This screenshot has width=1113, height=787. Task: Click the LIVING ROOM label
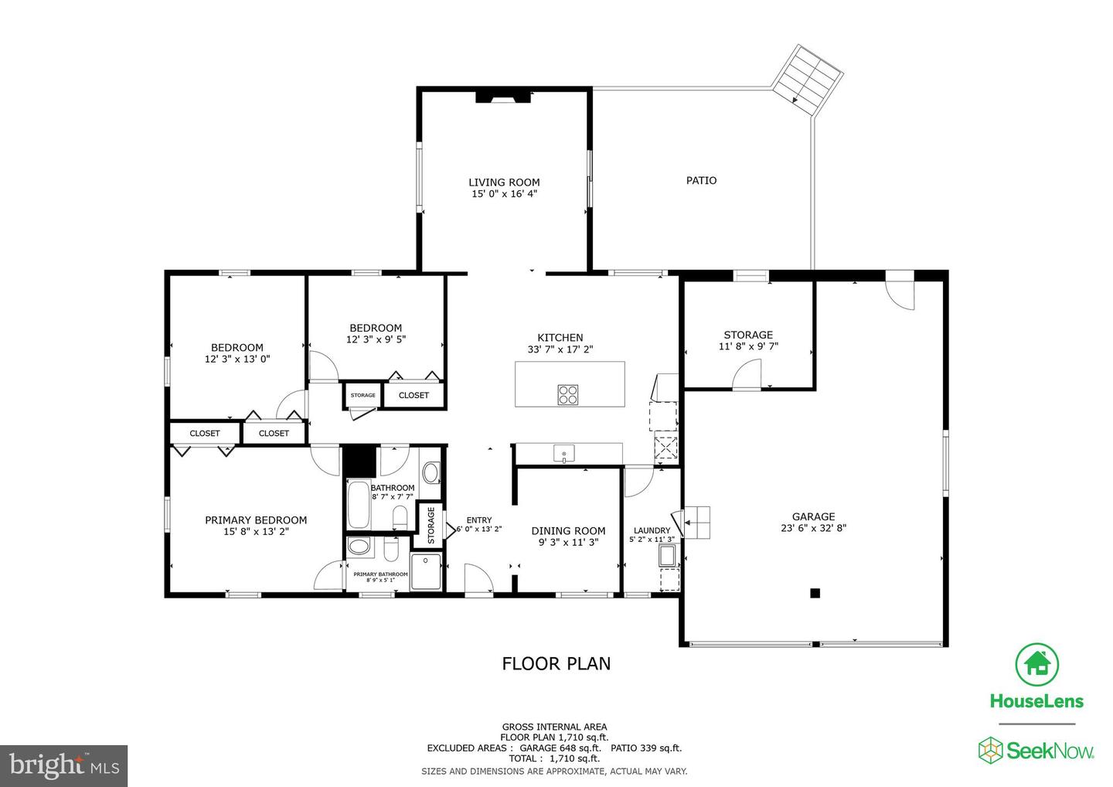tap(504, 182)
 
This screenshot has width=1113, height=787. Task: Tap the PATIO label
tap(701, 180)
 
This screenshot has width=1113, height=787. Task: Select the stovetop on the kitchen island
tap(568, 394)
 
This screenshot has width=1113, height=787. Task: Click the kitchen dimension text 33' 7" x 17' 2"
tap(560, 349)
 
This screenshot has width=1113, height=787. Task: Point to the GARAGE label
tap(813, 516)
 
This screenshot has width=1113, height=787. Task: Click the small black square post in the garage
tap(814, 593)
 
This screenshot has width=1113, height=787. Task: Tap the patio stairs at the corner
tap(808, 76)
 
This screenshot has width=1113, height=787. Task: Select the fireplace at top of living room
tap(503, 96)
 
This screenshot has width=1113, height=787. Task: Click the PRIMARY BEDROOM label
tap(256, 520)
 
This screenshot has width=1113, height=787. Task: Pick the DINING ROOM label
tap(568, 530)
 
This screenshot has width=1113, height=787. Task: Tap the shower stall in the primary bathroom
tap(426, 571)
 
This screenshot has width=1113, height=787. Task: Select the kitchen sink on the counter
tap(564, 452)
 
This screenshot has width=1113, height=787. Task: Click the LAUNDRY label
tap(652, 530)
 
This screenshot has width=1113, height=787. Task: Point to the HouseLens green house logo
tap(1036, 665)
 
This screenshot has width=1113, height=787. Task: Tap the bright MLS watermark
tap(63, 765)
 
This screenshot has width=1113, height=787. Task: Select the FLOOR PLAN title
tap(556, 663)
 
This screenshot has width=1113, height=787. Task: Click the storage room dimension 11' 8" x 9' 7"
tap(747, 346)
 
